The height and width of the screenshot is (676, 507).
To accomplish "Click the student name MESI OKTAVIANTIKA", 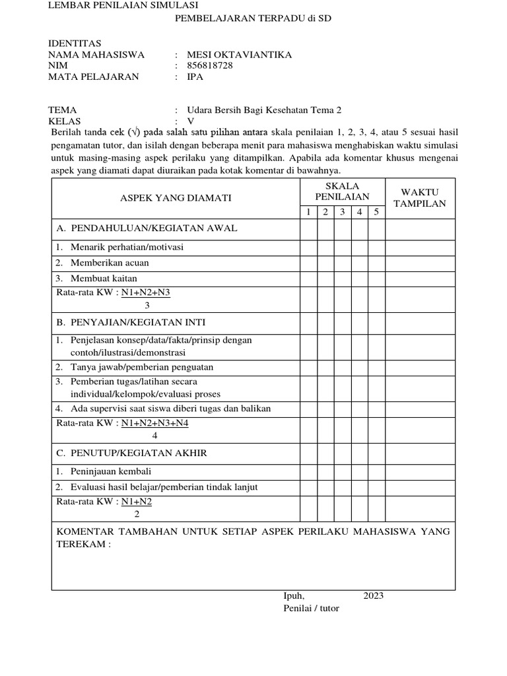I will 230,55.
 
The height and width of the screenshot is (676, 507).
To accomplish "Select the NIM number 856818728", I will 210,65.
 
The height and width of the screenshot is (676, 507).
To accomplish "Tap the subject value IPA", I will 195,77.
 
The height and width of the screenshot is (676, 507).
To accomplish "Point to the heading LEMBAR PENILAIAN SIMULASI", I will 114,5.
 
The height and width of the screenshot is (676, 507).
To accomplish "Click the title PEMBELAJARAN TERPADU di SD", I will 252,19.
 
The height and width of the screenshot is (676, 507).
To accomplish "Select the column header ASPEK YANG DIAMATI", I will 176,197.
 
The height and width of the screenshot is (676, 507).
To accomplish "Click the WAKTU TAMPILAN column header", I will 420,197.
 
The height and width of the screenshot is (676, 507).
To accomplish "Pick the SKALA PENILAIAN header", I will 342,191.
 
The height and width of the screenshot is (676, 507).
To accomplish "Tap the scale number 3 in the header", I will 343,212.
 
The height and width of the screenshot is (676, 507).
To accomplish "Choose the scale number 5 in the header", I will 376,212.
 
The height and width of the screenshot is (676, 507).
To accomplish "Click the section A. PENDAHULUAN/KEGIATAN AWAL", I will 147,228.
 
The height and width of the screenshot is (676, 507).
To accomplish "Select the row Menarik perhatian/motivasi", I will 119,248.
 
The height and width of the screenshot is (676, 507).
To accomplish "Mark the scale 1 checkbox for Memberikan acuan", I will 308,263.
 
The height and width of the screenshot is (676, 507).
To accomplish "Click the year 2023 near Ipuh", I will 373,595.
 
